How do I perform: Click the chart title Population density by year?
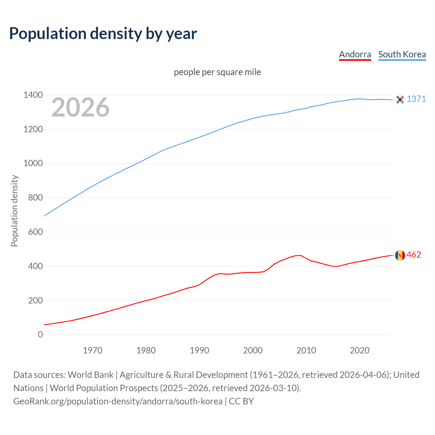pos(103,33)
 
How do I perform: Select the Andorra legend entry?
pos(355,54)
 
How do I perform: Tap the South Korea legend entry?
pos(402,54)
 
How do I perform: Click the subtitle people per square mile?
pos(217,72)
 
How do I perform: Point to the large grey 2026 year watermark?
pos(81,107)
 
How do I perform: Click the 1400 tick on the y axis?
pos(33,95)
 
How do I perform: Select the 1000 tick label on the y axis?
pos(33,163)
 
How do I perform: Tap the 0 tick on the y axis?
pos(40,334)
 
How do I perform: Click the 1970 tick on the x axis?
pos(92,350)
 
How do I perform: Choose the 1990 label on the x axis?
pos(199,350)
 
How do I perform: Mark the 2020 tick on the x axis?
pos(360,350)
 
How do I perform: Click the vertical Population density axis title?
pos(14,211)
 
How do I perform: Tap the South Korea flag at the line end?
pos(400,99)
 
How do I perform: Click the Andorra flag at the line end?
pos(400,255)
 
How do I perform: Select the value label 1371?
pos(416,99)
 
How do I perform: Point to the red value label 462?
pos(414,255)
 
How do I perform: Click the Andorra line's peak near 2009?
pos(300,255)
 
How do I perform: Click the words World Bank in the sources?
pos(90,375)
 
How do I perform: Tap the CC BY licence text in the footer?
pos(241,401)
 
